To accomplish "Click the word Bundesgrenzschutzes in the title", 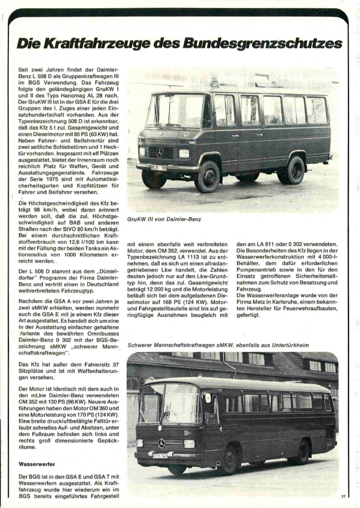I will tap(262, 44).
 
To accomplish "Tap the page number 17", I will tap(343, 496).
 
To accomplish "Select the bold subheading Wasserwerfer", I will tap(37, 463).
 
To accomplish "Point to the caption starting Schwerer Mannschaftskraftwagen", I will tap(218, 345).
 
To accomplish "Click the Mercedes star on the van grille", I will tap(160, 152).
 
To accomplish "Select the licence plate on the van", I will tap(158, 168).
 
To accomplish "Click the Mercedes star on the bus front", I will tap(161, 443).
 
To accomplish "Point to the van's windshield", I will tap(175, 111).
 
